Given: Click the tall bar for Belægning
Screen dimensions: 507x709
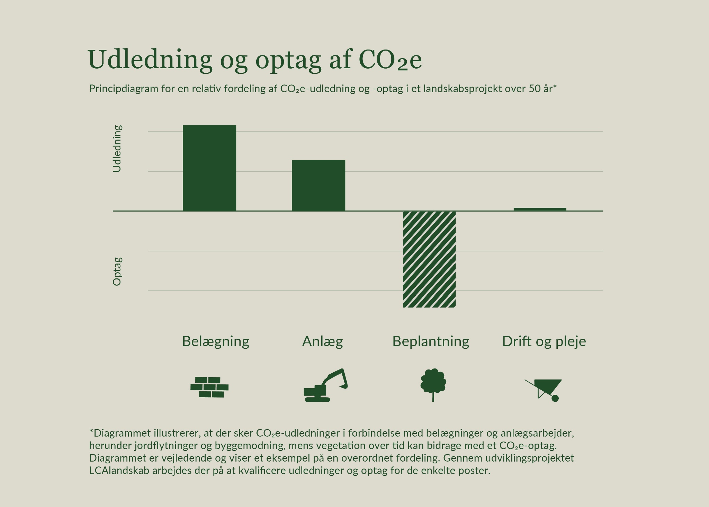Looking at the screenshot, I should [209, 168].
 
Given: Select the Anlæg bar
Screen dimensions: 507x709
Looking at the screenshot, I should [318, 185].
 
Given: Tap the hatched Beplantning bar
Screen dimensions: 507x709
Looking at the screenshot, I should [429, 259].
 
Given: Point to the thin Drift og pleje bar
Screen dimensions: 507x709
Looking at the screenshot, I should [540, 209].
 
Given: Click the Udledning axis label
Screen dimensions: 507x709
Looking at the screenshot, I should [117, 149].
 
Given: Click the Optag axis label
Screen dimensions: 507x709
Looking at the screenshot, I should [117, 271].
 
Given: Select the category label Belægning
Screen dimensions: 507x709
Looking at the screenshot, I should [215, 341].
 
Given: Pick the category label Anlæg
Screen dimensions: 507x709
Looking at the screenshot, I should [322, 341].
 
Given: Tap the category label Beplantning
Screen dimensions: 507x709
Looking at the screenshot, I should [430, 341].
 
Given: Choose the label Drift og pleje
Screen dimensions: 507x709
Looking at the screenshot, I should [544, 341].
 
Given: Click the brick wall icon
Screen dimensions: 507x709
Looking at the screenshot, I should [209, 387].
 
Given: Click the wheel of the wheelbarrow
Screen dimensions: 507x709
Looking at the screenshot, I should [555, 398].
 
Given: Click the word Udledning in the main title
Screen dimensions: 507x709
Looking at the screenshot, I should [150, 60].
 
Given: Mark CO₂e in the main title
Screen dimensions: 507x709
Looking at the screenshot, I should [390, 60].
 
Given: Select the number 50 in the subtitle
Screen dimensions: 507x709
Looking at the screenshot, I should [535, 89].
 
